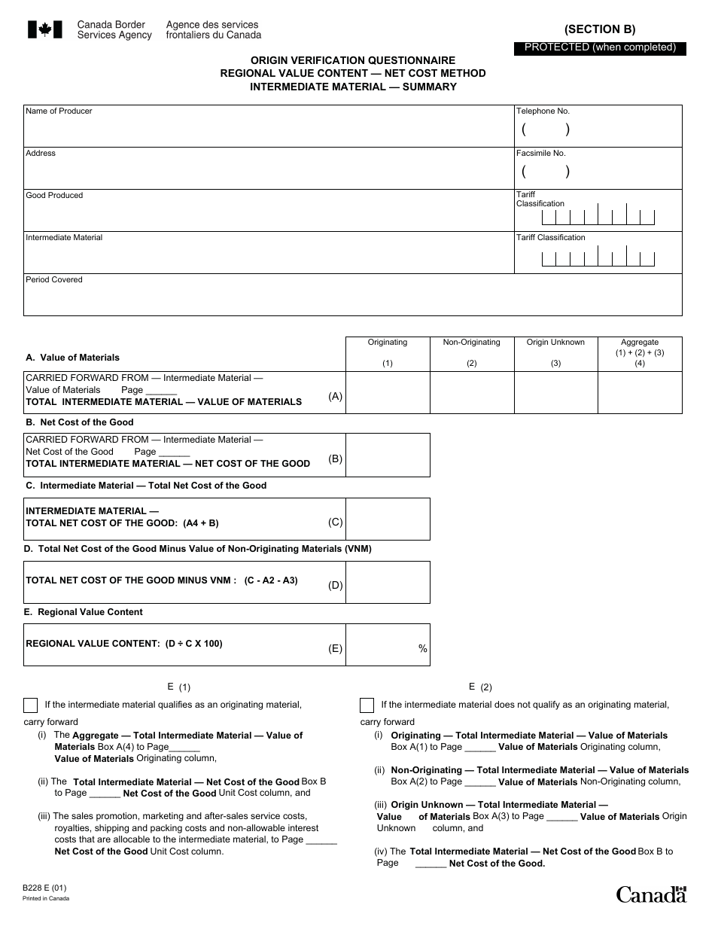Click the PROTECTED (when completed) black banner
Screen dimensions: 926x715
pos(600,47)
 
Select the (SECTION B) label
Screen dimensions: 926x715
pos(600,29)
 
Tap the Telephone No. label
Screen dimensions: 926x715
pos(543,111)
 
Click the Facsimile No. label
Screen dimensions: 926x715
pos(540,153)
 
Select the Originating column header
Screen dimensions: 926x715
pos(387,343)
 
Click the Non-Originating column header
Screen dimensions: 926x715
pos(471,343)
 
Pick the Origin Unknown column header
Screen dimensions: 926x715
pos(555,343)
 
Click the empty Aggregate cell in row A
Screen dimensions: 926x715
pos(640,392)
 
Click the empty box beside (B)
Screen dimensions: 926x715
pos(388,455)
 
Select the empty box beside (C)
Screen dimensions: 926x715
pos(388,519)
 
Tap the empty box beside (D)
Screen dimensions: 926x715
pos(388,582)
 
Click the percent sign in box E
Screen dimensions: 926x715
pos(422,649)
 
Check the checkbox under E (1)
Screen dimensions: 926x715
pos(31,705)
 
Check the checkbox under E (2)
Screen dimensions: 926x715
pos(367,705)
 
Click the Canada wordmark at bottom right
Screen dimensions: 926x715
pos(651,894)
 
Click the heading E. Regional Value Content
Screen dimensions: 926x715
pos(83,612)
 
